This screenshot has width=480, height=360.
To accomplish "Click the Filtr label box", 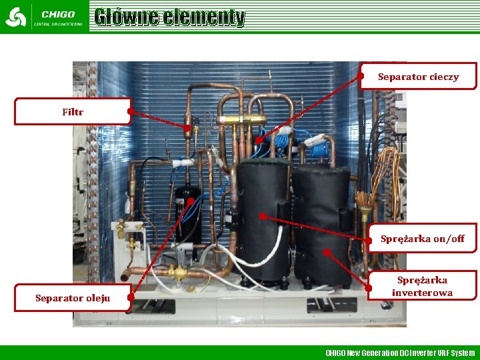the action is pos(73,111).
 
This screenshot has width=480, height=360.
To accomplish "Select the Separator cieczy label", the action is pos(418,77).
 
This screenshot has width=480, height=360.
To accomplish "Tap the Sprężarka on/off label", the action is pos(422,238).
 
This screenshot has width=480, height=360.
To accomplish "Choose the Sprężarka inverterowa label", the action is pos(422,286).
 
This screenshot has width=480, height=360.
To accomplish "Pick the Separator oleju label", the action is pos(73,297).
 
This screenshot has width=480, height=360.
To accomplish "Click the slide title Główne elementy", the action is pos(169,17).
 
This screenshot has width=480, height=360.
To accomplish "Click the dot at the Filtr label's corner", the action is pos(131,111).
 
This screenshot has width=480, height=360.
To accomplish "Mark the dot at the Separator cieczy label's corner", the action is pos(361,76).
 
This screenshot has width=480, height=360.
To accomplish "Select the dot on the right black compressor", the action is pos(327,251).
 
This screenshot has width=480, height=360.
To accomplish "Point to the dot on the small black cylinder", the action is pos(191,200).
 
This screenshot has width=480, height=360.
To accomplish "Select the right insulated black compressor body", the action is pos(322,223).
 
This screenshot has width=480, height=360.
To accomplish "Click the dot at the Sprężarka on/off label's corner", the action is pos(369,238).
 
